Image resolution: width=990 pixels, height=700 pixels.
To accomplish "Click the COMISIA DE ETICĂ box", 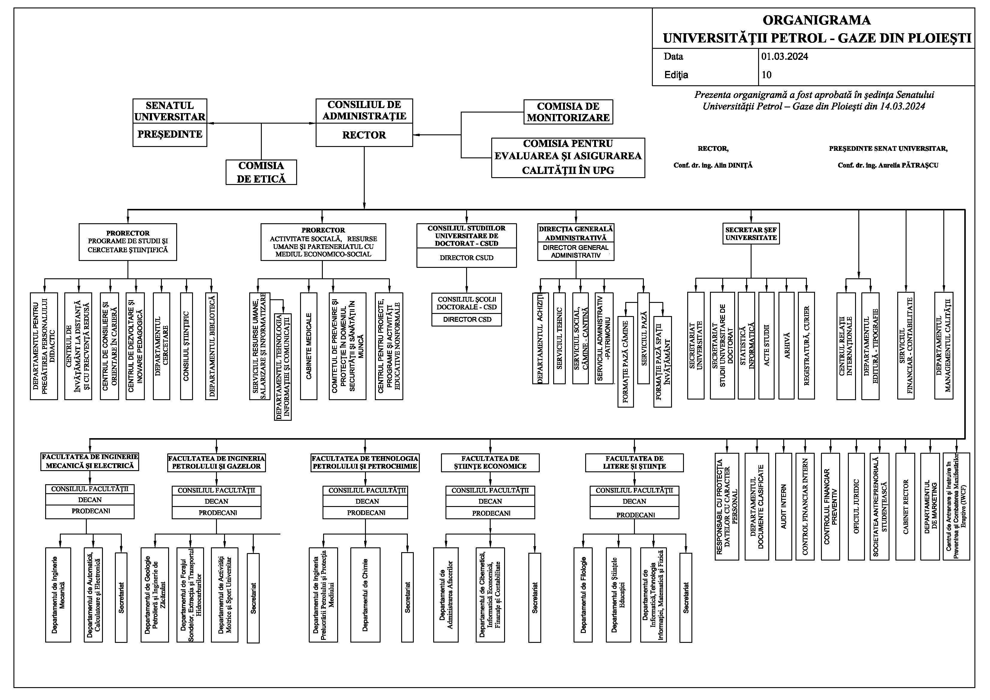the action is coord(261,172).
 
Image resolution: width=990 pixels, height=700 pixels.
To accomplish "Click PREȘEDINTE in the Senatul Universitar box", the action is coord(170,134).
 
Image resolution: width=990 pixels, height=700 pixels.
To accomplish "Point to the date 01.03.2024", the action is coord(784,57).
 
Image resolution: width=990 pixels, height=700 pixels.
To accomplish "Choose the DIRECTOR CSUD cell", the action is coord(466,258).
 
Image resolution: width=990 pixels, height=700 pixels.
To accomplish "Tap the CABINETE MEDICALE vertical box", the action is coord(309,346).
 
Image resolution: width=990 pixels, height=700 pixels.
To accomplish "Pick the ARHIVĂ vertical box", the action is coord(787,345).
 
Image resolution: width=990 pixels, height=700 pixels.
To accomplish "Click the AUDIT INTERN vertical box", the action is coord(784,506).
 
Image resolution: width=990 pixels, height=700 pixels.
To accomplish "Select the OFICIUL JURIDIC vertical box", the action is coord(856,506).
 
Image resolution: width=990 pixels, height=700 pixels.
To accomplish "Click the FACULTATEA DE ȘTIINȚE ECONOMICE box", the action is coord(490,462).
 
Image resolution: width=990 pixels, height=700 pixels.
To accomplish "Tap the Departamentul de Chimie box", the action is coord(365,595).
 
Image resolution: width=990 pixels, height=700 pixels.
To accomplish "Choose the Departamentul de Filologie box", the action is coord(583,595).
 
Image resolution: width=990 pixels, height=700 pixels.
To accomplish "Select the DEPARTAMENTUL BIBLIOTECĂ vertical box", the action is coord(211,346).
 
